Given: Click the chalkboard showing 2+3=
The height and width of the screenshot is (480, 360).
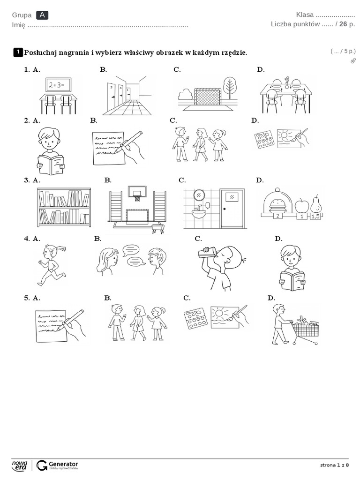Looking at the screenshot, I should click(x=58, y=85).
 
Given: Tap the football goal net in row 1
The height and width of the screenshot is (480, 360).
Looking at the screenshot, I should click(x=208, y=97).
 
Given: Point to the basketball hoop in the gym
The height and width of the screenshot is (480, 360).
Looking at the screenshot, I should click(x=137, y=194).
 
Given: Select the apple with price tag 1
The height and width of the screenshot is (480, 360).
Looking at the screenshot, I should click(x=301, y=205).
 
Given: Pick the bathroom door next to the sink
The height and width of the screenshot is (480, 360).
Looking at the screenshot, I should click(x=232, y=208).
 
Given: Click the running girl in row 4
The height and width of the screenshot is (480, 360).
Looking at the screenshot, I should click(x=49, y=264).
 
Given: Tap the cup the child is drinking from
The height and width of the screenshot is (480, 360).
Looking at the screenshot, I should click(x=206, y=253).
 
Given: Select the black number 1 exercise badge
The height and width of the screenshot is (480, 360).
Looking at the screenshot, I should click(x=18, y=52).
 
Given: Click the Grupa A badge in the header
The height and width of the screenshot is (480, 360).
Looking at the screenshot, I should click(x=42, y=15).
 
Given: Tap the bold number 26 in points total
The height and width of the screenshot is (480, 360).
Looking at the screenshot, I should click(x=343, y=24).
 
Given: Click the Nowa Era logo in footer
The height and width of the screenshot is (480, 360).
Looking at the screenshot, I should click(x=20, y=465).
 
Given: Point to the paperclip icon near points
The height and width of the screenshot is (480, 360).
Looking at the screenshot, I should click(x=353, y=61).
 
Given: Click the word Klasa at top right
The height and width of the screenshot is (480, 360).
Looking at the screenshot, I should click(x=305, y=15).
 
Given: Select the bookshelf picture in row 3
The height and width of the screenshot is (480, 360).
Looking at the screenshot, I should click(x=64, y=207).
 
